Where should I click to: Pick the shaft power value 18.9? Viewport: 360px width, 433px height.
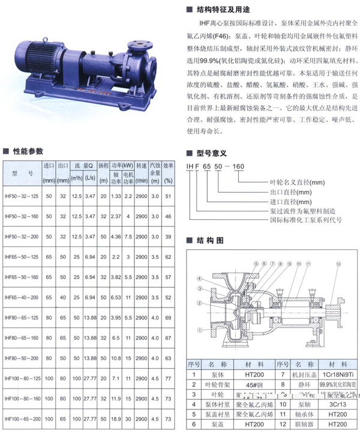(x=116, y=419)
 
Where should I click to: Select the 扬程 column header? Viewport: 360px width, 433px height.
(x=103, y=165)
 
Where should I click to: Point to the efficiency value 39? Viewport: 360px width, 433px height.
(x=169, y=237)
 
